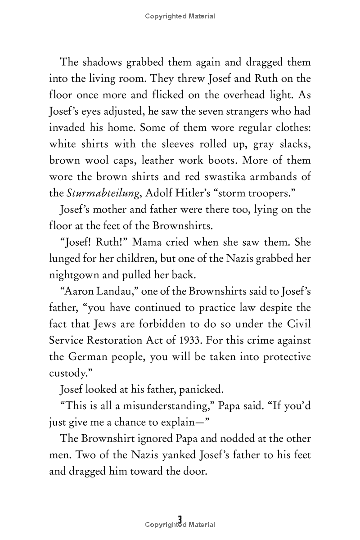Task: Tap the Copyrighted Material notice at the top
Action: pos(180,16)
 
